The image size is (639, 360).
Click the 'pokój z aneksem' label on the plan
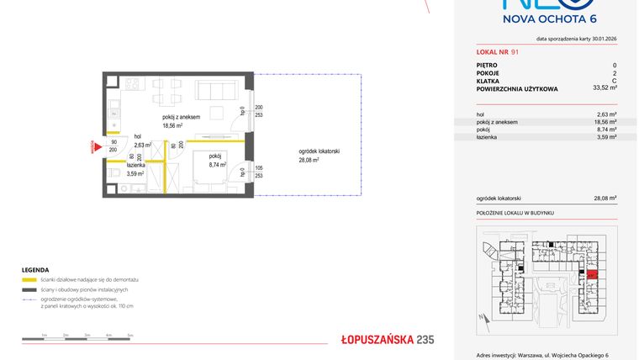(181, 117)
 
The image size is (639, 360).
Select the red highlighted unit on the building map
(592, 274)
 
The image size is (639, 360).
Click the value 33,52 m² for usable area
(605, 87)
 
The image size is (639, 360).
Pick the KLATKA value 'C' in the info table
(614, 80)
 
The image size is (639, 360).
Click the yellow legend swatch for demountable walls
(30, 278)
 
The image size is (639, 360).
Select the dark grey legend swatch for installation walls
(30, 289)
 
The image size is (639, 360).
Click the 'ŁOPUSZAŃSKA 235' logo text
(387, 340)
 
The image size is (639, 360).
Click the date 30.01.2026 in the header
(600, 40)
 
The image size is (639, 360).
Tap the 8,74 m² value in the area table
(605, 130)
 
